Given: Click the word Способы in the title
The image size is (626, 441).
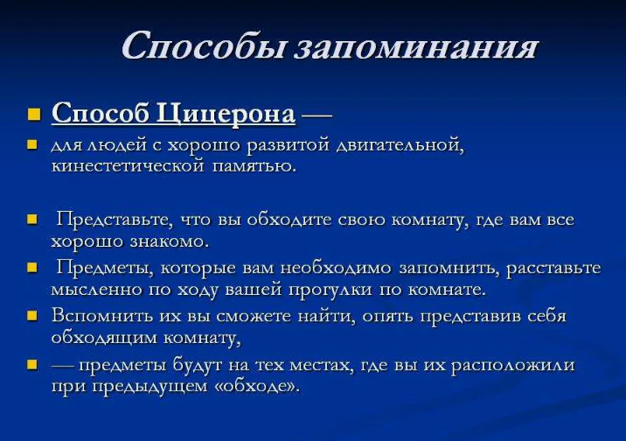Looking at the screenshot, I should click(203, 45).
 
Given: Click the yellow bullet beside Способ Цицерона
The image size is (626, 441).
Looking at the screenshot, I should click(34, 115).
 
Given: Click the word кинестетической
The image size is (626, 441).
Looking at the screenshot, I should click(128, 165).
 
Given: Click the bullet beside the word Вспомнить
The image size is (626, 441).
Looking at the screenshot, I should click(34, 315).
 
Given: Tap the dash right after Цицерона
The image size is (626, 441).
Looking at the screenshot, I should click(316, 115).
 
